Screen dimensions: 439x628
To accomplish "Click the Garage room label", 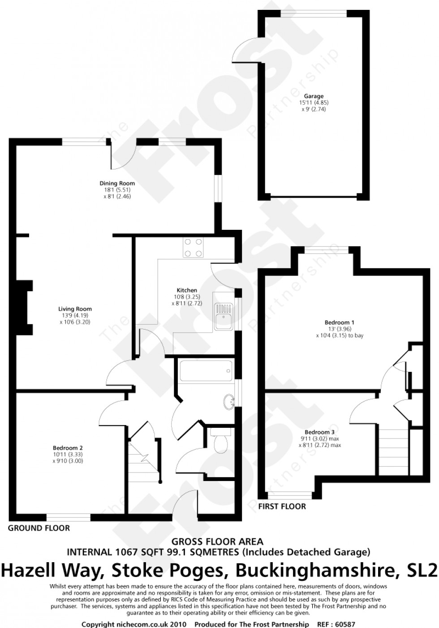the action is click(314, 96).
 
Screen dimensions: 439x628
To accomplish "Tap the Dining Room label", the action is click(117, 183).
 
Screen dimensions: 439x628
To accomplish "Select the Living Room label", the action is click(75, 309).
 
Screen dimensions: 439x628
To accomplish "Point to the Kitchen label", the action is click(187, 290).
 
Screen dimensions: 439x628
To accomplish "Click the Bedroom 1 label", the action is click(340, 323).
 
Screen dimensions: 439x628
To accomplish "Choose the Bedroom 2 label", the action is click(68, 448).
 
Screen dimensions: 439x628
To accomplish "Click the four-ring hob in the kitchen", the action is click(193, 248).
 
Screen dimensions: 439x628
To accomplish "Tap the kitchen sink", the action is click(224, 316).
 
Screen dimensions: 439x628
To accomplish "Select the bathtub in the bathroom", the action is click(206, 371).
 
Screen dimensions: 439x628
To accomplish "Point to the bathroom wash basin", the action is click(229, 402).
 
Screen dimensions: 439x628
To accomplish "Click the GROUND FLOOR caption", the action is click(39, 528).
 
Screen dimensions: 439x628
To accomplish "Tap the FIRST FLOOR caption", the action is click(282, 506).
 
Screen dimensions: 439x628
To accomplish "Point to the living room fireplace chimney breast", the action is click(25, 307).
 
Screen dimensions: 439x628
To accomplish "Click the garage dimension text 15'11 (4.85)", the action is click(314, 103).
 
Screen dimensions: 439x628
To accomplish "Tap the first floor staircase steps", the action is click(394, 452).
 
